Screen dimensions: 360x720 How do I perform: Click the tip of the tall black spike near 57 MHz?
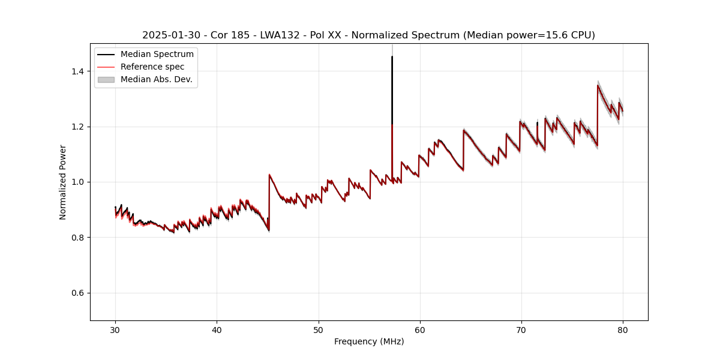tap(392, 57)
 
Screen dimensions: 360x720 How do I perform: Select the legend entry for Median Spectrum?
tap(157, 55)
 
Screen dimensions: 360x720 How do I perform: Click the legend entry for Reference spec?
tap(152, 67)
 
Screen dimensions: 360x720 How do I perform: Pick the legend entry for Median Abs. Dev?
tap(156, 79)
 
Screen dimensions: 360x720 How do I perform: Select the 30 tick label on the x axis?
tap(115, 329)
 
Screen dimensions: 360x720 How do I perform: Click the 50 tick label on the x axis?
tap(319, 329)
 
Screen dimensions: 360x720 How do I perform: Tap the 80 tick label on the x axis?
tap(623, 329)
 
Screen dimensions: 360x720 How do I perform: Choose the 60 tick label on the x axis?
tap(420, 329)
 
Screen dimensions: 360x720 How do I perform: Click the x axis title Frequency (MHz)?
tap(369, 341)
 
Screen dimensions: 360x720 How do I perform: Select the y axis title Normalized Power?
tap(63, 182)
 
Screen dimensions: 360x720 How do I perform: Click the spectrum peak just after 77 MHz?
tap(598, 85)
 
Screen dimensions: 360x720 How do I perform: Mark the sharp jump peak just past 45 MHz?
tap(269, 175)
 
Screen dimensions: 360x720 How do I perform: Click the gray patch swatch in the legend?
tap(106, 79)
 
